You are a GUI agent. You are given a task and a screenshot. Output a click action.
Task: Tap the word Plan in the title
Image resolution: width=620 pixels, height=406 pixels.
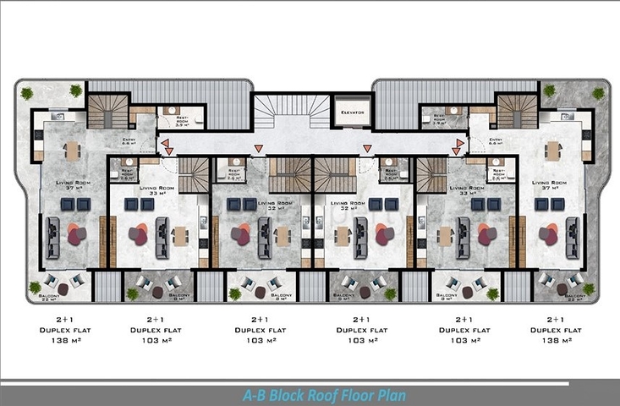click(x=388, y=395)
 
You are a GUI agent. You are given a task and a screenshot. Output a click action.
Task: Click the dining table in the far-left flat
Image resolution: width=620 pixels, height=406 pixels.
click(x=72, y=151)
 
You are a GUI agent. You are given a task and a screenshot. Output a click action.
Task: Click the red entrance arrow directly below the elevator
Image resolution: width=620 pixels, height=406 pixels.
click(x=367, y=150)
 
